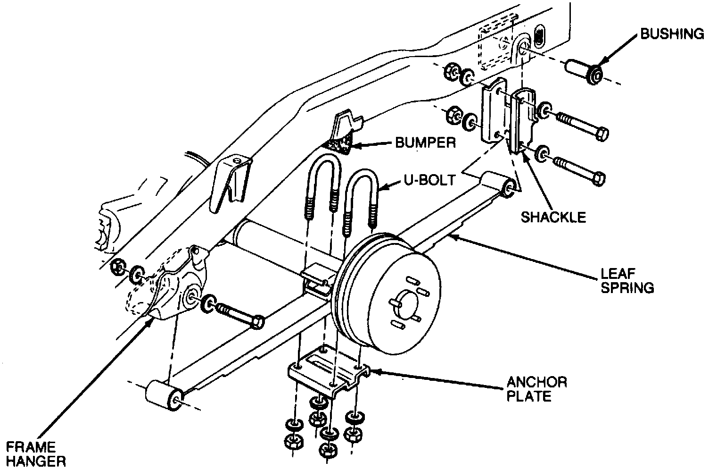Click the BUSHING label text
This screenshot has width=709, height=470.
(x=671, y=34)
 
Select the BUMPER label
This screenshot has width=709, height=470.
(x=425, y=143)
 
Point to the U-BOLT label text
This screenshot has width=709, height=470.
(x=429, y=180)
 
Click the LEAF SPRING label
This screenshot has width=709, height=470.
(x=627, y=280)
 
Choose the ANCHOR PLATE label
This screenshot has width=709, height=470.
(x=537, y=388)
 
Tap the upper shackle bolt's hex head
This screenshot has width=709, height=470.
(x=601, y=134)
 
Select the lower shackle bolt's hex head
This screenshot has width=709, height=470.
(x=598, y=179)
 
